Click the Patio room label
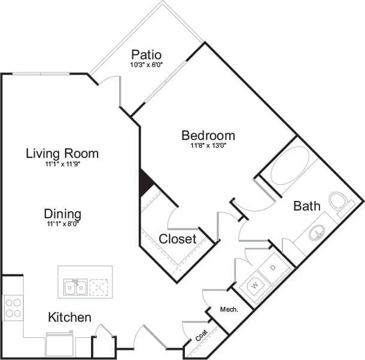(x=147, y=55)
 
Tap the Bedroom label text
(x=208, y=135)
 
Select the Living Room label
(x=62, y=153)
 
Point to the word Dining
(x=62, y=213)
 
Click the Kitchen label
(x=69, y=317)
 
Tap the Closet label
(x=178, y=239)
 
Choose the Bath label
(x=306, y=206)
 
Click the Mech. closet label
(x=229, y=310)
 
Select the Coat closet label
(x=201, y=335)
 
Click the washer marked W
(x=254, y=285)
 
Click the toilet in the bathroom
(x=340, y=203)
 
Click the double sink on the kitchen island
(x=75, y=288)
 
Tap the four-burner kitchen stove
(x=13, y=307)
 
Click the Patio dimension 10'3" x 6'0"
(x=147, y=65)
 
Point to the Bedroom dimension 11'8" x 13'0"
(x=208, y=145)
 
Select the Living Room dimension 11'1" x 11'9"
(x=62, y=163)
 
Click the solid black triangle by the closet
(x=144, y=182)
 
